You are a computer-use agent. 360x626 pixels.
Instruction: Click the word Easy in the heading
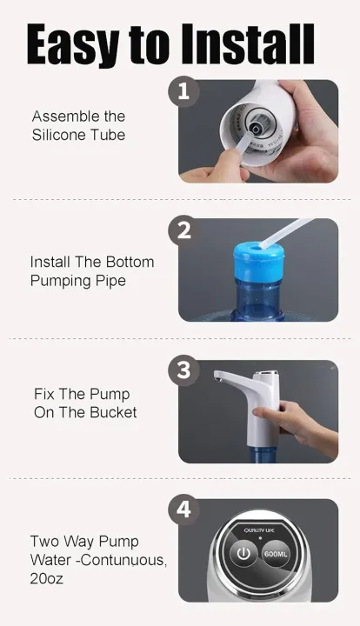[x=72, y=45]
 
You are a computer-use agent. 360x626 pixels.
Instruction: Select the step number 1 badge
[x=183, y=92]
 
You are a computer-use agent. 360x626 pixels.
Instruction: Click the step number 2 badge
[x=183, y=231]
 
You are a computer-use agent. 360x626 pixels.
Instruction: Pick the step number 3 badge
[x=183, y=370]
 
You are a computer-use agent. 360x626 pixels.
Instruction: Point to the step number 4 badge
[x=183, y=509]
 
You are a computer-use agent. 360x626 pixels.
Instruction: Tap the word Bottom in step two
[x=128, y=262]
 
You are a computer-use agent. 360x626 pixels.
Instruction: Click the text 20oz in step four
[x=47, y=577]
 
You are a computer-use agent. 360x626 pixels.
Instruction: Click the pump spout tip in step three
[x=217, y=379]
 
